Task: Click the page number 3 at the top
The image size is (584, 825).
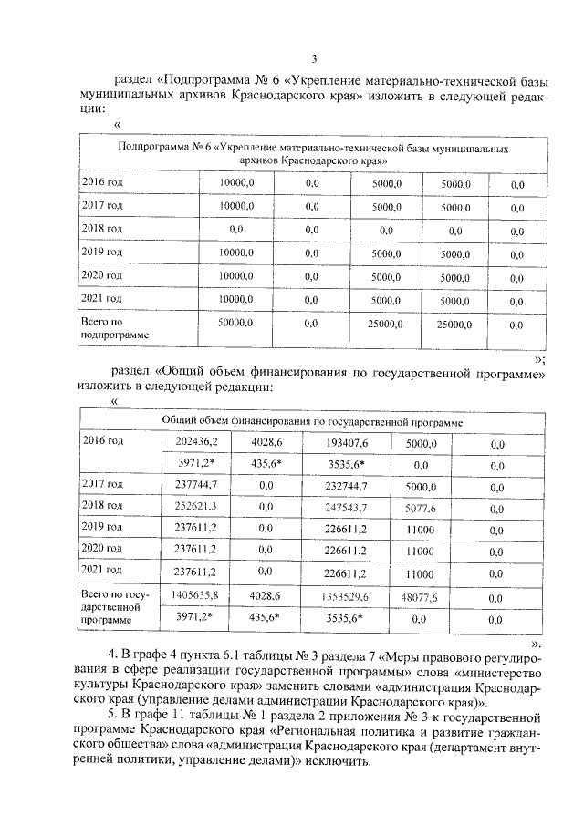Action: (314, 59)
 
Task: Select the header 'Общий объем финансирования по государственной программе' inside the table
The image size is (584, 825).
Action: (312, 422)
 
